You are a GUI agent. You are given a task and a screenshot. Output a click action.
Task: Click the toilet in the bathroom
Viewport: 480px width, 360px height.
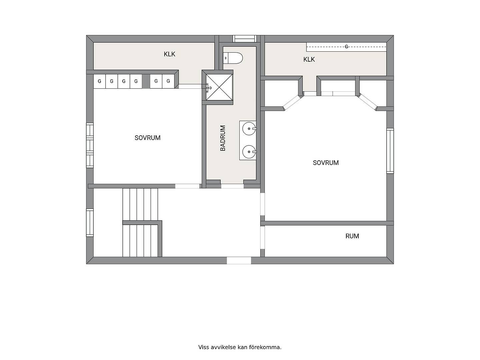coord(233,58)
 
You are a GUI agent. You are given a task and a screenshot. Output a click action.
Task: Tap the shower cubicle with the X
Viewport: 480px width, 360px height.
coord(219,87)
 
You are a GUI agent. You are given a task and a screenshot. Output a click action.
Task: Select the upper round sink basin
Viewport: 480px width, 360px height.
coord(249,129)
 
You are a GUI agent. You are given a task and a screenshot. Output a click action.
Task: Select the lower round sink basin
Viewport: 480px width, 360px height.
coord(249,152)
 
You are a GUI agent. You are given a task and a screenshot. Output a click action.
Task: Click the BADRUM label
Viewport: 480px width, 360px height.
coord(223,138)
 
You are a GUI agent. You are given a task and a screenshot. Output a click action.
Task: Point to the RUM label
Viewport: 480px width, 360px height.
coord(352,236)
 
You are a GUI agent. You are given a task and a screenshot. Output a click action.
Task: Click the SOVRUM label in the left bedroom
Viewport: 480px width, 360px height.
coord(147,138)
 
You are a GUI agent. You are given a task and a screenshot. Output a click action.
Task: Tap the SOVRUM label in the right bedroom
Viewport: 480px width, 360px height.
coord(326,163)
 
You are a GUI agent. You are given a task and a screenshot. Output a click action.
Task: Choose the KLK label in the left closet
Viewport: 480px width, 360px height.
coord(169,54)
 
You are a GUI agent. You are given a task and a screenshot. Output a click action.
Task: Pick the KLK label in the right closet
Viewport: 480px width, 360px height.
coord(309,59)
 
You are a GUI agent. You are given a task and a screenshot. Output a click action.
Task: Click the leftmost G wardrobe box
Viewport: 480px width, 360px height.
coord(99,81)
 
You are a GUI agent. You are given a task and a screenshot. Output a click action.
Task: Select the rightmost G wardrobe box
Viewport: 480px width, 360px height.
coord(168,81)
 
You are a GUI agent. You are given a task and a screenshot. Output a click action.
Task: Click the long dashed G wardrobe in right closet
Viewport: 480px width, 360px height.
coord(346,47)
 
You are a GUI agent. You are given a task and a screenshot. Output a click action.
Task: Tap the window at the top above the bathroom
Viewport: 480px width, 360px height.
coord(244,39)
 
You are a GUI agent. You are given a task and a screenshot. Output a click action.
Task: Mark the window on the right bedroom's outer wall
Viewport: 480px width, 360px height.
coord(390,151)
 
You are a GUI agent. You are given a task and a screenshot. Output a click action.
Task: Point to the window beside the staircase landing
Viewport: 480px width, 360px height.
coord(90,223)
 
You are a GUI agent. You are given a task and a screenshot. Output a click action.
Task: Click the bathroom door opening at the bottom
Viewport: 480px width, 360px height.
coord(232,186)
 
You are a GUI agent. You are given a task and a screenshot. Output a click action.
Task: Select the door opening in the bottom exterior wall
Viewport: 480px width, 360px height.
coord(239,261)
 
